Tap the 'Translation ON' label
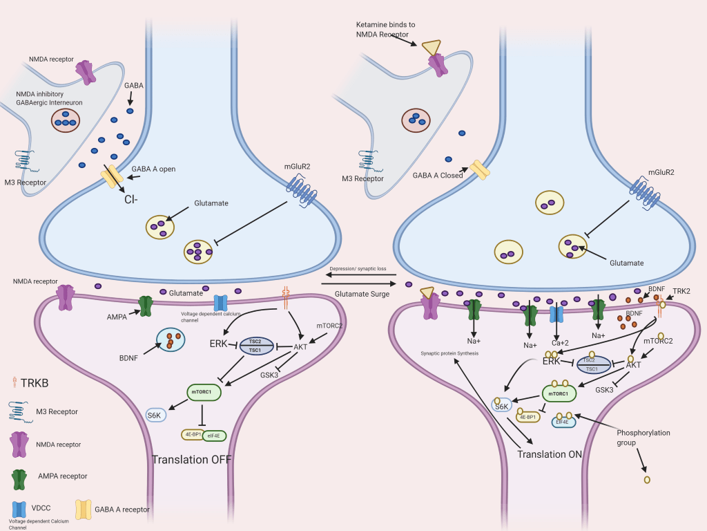tap(550, 454)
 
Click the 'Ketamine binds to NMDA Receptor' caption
tap(383, 29)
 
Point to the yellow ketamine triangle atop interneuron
tap(431, 46)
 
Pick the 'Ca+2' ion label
tap(559, 343)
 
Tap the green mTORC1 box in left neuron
tap(204, 392)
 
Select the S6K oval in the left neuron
tap(156, 416)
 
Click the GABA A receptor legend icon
tap(84, 510)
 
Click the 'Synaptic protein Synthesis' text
tap(449, 353)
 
